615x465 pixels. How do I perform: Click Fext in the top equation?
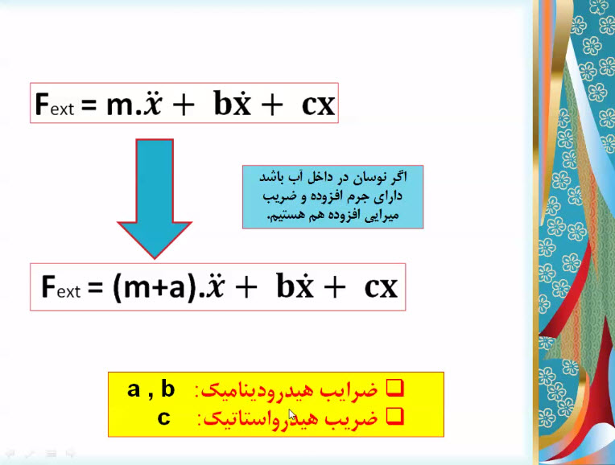pos(55,105)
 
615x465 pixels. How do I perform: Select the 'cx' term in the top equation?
pos(318,105)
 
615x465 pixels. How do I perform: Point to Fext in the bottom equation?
pos(61,287)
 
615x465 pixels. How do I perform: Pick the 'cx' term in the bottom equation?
pos(381,288)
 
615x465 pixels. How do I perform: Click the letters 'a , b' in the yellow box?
pos(151,389)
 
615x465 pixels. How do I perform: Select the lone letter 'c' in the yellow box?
pos(164,418)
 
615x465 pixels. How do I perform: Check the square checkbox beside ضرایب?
pos(394,388)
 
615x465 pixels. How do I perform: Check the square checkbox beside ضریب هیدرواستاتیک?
pos(394,417)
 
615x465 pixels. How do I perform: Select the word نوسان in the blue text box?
pos(367,178)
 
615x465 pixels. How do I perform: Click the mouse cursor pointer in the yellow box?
pos(292,415)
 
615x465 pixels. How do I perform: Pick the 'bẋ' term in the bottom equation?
pos(295,286)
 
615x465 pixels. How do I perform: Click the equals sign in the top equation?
pos(89,105)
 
